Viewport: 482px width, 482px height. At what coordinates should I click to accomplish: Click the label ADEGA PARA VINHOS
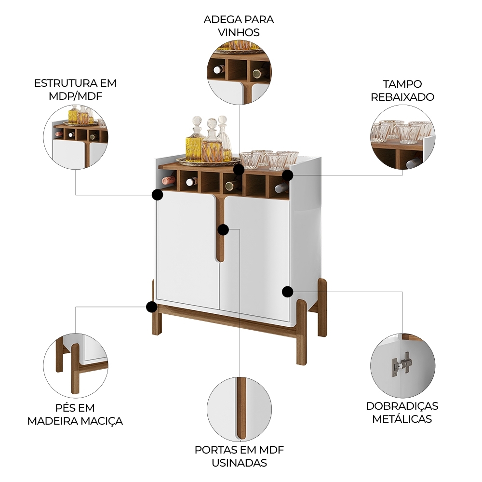(239, 26)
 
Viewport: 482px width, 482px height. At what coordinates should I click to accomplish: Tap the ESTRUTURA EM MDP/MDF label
(75, 89)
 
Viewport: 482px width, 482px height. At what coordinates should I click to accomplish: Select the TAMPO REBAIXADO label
(402, 90)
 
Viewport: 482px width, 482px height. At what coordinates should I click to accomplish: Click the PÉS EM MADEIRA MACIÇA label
(75, 415)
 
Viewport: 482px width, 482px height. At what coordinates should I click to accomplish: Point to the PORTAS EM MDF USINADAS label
(239, 456)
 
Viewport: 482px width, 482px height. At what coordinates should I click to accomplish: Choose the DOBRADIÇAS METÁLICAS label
(402, 412)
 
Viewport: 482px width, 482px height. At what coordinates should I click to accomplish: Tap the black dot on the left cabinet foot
(152, 307)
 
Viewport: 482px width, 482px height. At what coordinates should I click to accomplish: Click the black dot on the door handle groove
(223, 229)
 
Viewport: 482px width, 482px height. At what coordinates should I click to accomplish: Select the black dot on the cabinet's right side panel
(287, 291)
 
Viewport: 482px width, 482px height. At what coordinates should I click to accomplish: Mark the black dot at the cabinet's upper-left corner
(157, 195)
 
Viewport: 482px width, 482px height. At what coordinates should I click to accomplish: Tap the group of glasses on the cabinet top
(269, 160)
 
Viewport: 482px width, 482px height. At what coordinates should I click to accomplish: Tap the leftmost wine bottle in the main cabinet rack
(169, 180)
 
